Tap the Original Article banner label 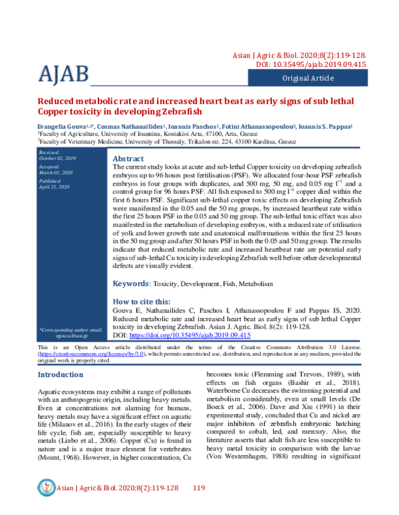[x=313, y=78]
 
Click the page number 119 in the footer [x=198, y=488]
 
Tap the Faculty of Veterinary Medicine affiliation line [x=166, y=141]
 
